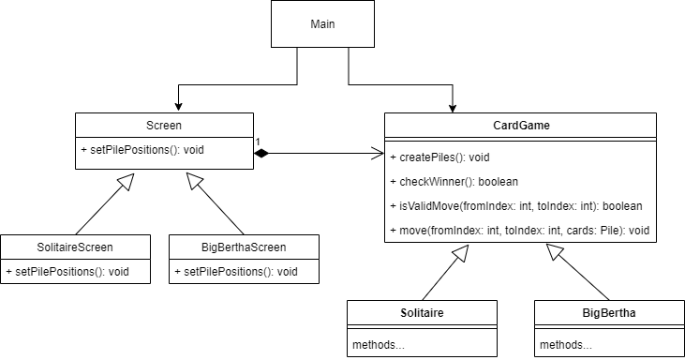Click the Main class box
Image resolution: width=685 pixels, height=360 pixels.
(322, 24)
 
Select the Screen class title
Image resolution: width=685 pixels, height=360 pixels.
(164, 125)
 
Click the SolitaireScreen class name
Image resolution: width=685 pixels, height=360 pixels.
(75, 247)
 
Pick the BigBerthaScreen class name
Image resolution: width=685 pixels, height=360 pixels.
(244, 247)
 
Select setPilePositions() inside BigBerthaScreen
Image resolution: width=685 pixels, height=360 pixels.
(235, 272)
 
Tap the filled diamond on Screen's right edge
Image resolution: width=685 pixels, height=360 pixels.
(263, 152)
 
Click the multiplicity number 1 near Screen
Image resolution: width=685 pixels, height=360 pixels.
(257, 142)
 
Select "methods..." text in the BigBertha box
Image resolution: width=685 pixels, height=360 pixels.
(566, 345)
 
